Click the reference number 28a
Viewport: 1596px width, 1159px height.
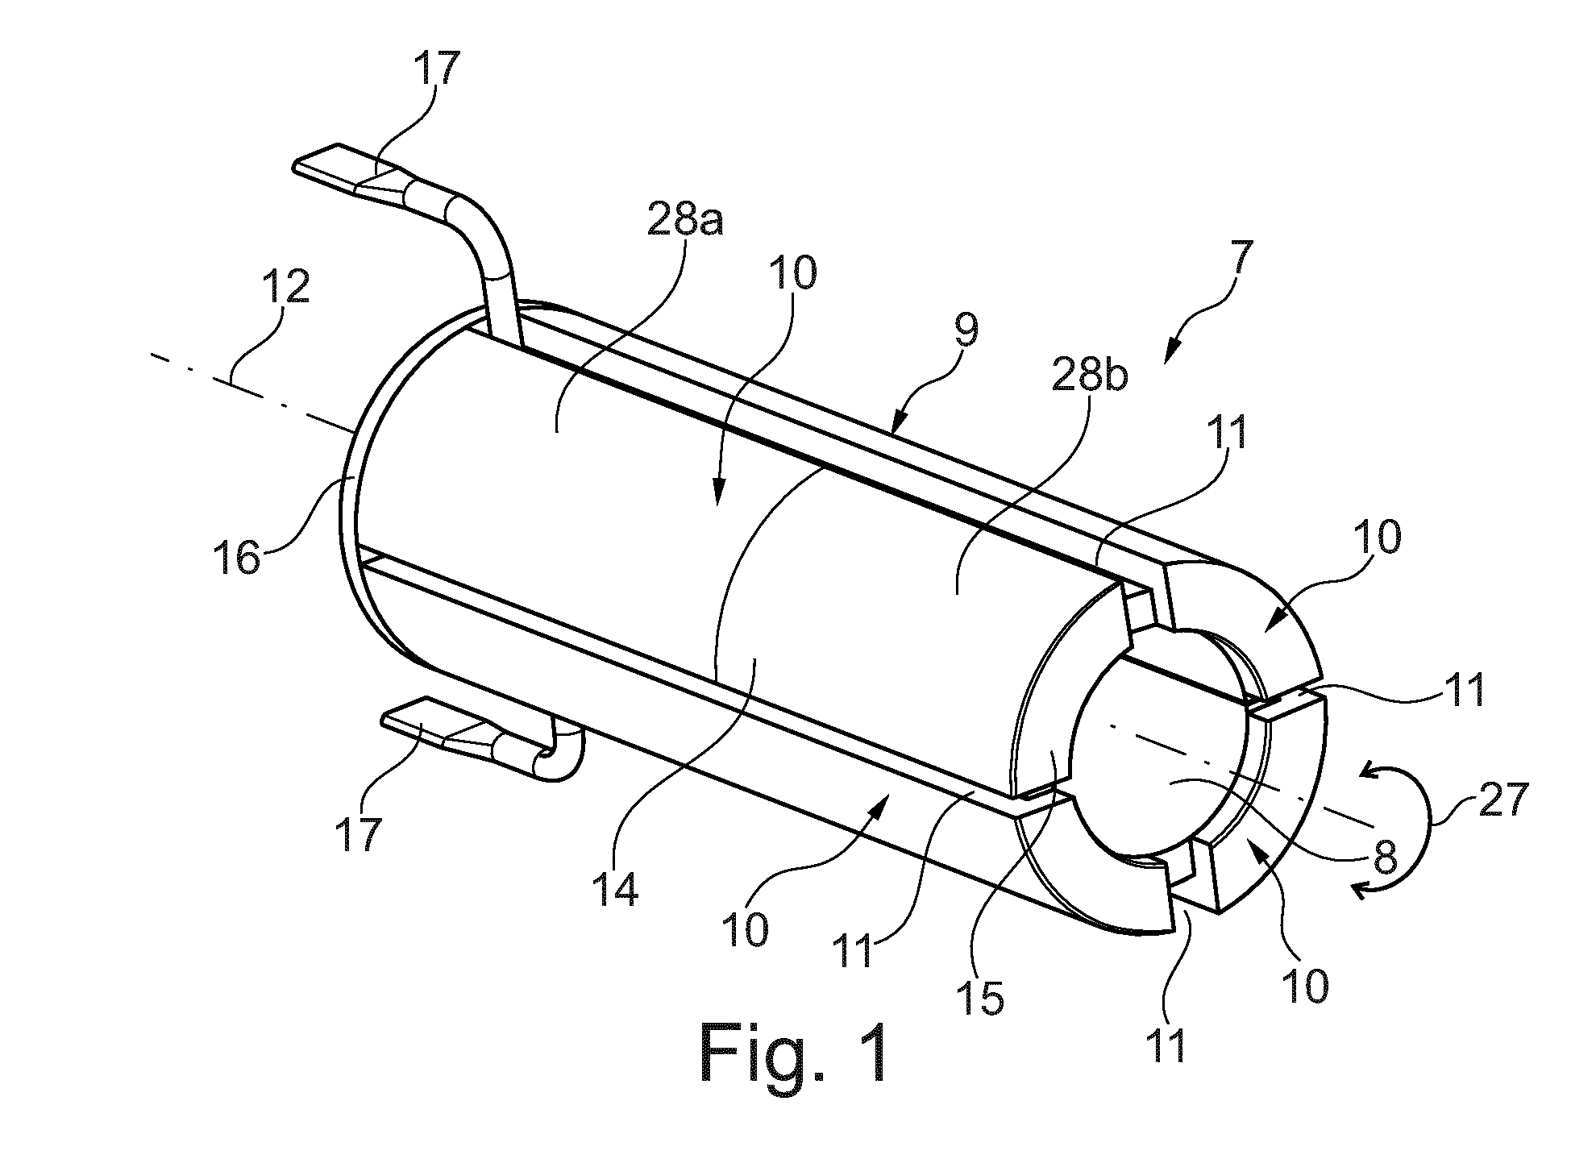684,221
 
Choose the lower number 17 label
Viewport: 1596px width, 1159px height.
359,835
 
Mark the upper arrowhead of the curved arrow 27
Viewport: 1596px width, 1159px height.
1370,772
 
